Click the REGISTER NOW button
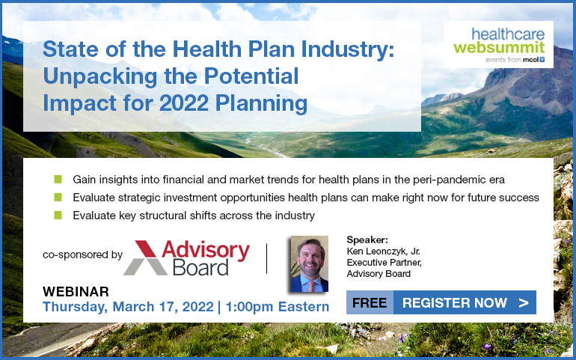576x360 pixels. coord(465,302)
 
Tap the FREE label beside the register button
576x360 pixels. coord(370,302)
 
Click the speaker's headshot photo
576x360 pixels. coord(309,264)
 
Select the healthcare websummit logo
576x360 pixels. coord(498,44)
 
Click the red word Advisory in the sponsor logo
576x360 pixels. coord(206,250)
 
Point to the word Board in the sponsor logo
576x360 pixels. coord(200,267)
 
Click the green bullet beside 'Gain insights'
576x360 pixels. coord(58,180)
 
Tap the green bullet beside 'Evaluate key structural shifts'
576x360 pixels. coord(58,215)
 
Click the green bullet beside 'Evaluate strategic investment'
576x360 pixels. coord(58,198)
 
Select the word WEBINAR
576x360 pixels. coord(76,292)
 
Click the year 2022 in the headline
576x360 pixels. coord(185,104)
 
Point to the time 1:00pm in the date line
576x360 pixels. coord(248,307)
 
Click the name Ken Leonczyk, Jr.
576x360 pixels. coord(384,251)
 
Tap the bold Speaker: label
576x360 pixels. coord(367,240)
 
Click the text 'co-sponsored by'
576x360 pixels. coord(82,254)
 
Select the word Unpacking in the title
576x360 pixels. coord(101,77)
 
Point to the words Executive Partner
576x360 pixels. coord(384,263)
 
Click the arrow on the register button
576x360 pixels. coord(524,303)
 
